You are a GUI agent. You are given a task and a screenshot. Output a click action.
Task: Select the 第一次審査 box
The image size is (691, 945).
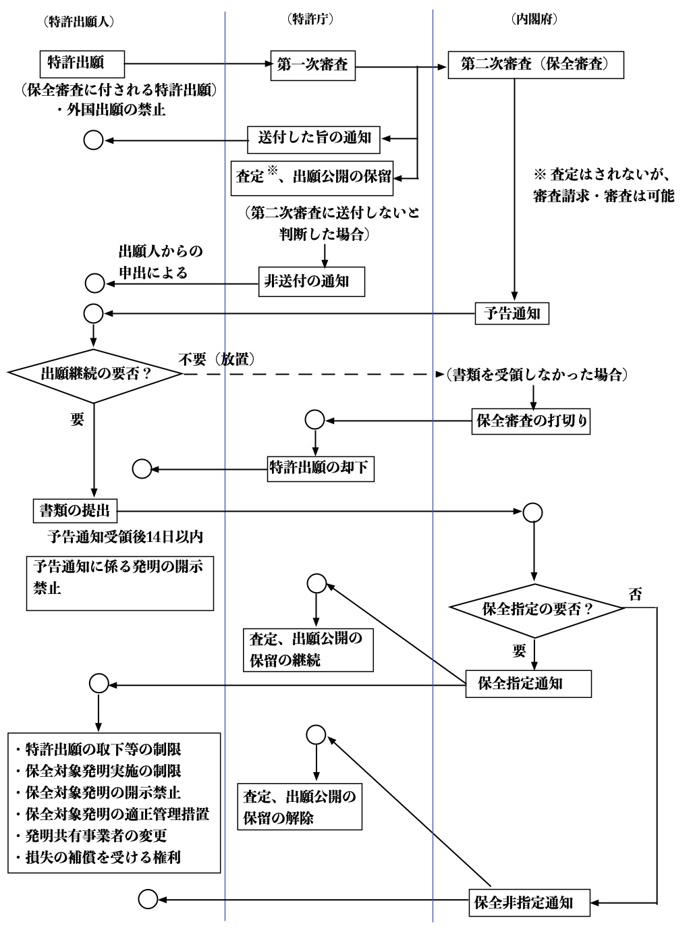(313, 65)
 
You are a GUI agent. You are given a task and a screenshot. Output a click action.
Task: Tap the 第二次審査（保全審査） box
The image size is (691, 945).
(534, 65)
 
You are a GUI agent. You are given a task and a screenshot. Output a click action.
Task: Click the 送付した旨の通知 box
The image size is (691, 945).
(314, 140)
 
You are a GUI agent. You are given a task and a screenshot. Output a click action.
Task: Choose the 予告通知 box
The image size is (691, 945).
(512, 313)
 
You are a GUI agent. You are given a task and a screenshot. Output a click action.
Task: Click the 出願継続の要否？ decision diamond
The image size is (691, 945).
(94, 375)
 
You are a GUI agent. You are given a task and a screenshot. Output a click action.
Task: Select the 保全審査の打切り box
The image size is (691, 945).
(532, 421)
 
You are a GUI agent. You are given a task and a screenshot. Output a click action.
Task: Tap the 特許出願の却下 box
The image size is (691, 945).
(319, 467)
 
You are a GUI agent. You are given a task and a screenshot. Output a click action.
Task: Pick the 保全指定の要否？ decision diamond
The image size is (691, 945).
(537, 608)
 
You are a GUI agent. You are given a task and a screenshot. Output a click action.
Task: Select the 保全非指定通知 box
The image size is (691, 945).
(528, 901)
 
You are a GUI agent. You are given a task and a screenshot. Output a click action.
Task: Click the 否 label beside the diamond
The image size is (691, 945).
(635, 595)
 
